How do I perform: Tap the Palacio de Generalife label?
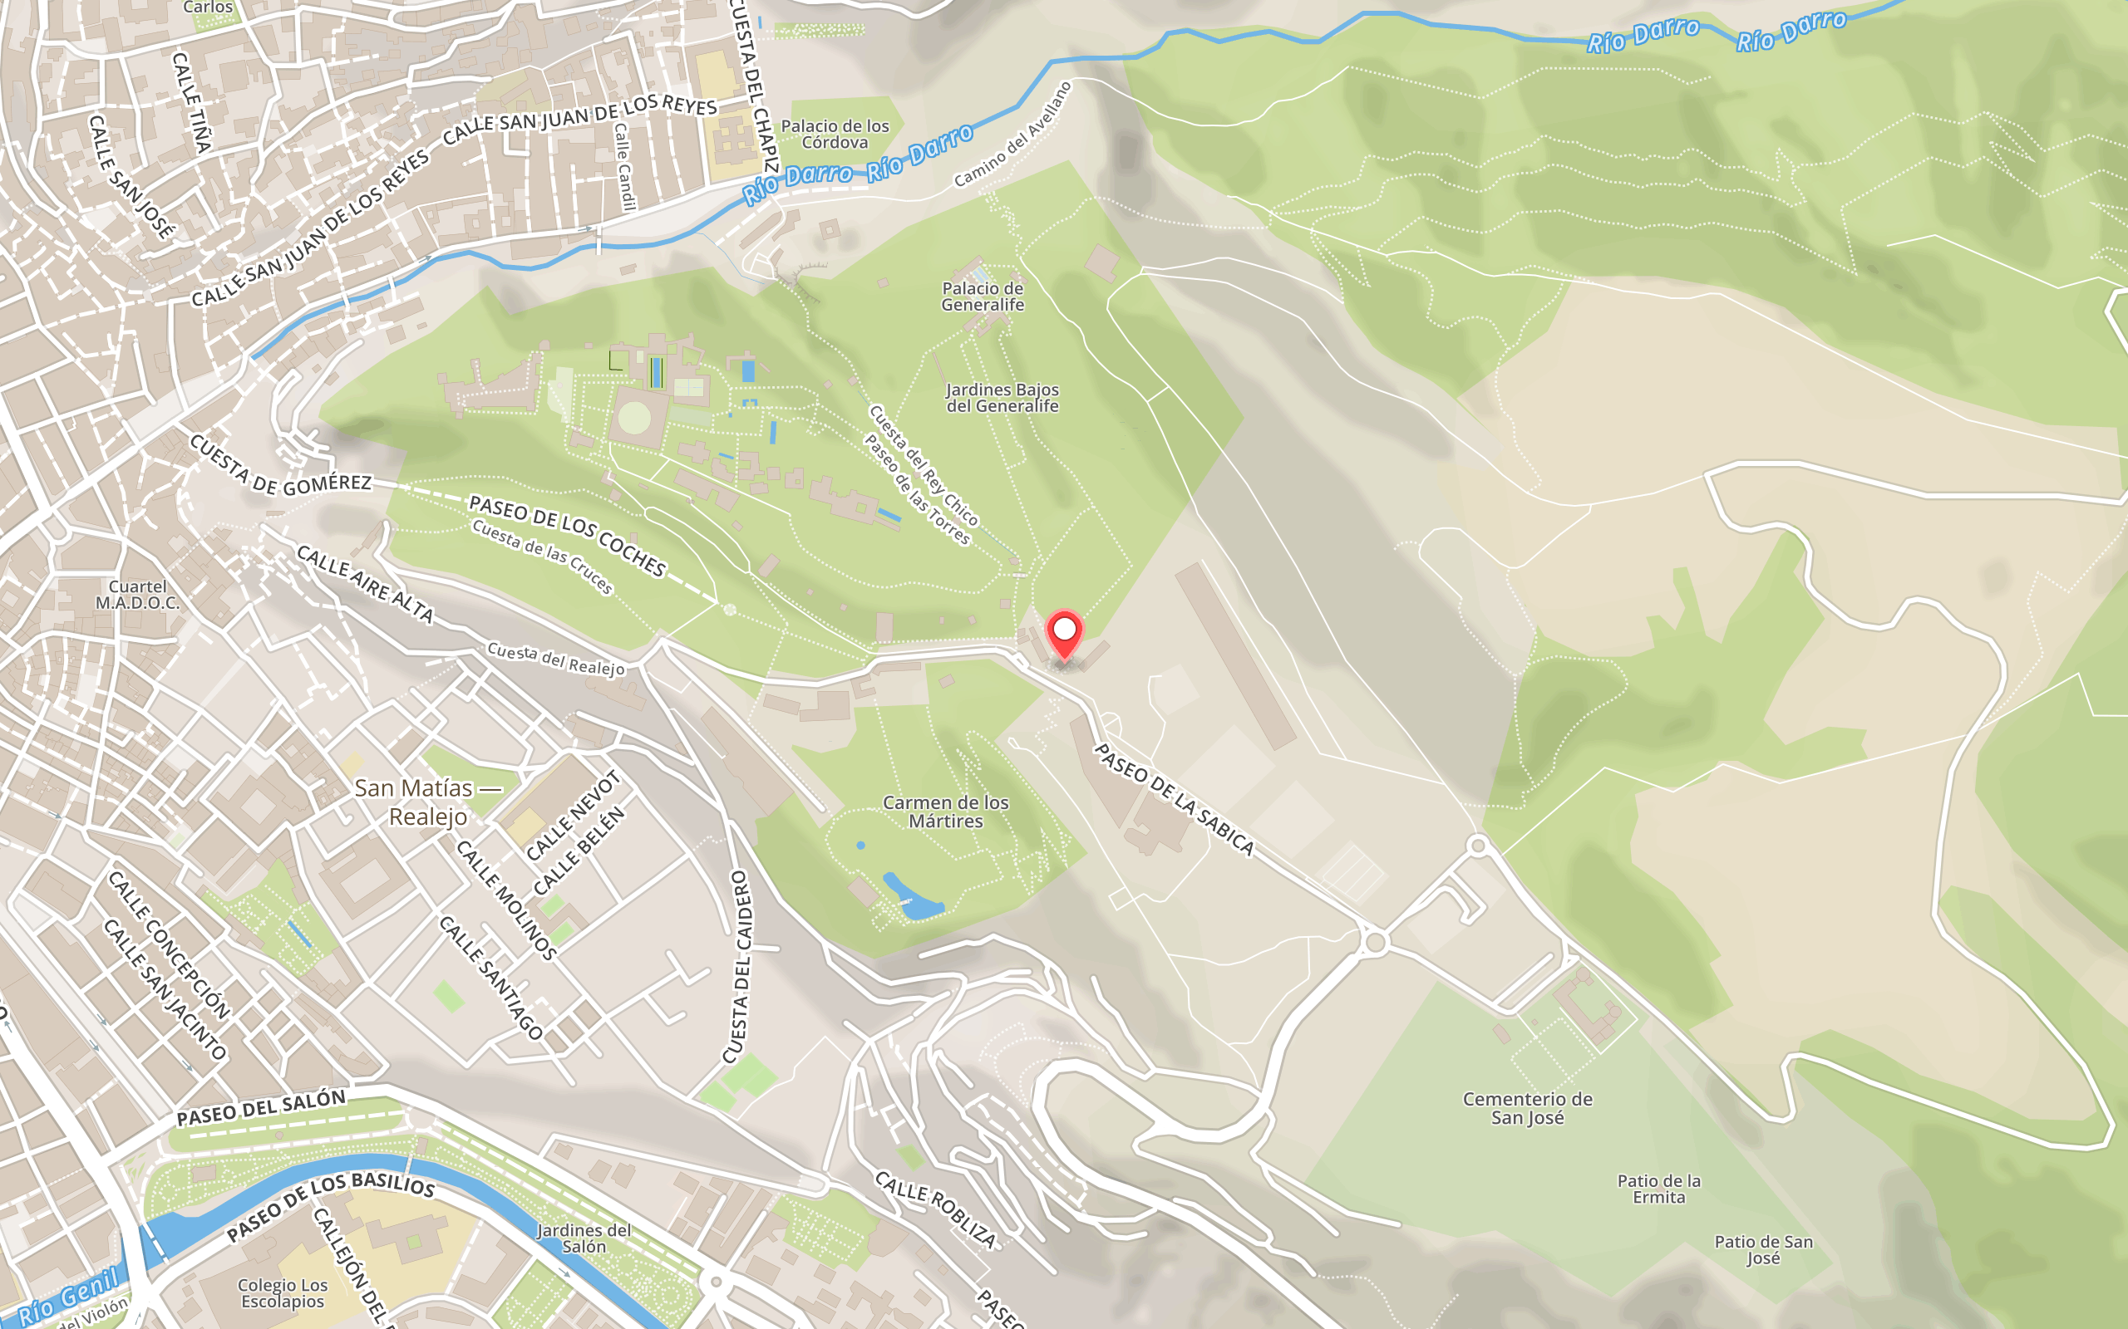[983, 297]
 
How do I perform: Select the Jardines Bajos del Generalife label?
[1002, 397]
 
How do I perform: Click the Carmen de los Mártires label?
[945, 812]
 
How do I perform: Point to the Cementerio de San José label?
[1527, 1107]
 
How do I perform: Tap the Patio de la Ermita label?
[1658, 1189]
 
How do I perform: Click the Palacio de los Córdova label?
[835, 135]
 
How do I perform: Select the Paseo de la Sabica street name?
[1174, 798]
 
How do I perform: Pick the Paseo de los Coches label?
[567, 535]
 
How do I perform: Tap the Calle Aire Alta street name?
[365, 584]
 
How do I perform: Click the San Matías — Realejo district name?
[427, 802]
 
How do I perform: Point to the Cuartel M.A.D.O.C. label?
[137, 595]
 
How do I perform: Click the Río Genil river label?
[69, 1295]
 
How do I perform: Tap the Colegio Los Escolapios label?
[283, 1293]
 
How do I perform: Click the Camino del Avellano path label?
[1013, 135]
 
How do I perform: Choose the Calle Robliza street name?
[936, 1209]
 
